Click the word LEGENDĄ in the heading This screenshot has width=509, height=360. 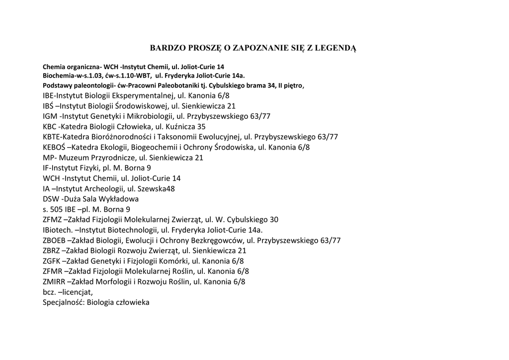335,48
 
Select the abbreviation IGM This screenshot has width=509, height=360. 50,116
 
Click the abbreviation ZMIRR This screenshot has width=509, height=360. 54,281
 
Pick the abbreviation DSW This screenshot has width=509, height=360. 51,199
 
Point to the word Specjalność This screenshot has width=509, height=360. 64,302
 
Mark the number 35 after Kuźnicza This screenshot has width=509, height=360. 201,127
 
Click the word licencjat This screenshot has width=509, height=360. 76,292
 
